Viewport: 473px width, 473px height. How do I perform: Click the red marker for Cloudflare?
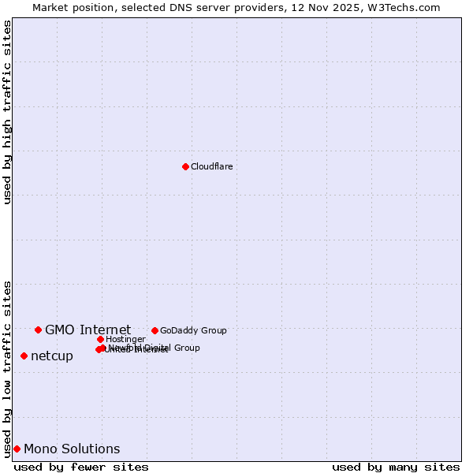click(x=185, y=166)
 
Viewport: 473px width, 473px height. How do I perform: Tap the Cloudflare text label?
click(x=211, y=166)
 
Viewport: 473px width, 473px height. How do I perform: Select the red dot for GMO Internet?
click(x=38, y=330)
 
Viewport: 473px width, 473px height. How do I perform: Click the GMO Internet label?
click(x=88, y=330)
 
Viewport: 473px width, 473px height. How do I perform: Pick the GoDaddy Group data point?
click(x=155, y=330)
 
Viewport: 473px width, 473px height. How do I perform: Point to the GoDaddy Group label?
click(x=193, y=330)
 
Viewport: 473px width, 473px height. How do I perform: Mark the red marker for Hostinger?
click(x=100, y=339)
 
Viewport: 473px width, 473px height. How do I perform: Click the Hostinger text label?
click(x=125, y=339)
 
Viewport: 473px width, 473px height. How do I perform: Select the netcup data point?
click(x=24, y=356)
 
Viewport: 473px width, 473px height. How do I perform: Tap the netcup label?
click(x=52, y=356)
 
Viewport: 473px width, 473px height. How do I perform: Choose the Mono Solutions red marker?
click(x=17, y=449)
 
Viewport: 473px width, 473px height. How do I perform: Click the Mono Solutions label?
click(x=72, y=449)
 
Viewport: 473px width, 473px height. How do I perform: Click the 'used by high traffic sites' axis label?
click(x=7, y=112)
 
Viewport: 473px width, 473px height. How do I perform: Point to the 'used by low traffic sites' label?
click(x=7, y=368)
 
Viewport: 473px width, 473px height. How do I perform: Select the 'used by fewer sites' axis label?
click(x=81, y=467)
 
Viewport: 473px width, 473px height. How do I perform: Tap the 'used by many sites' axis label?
click(x=396, y=467)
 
